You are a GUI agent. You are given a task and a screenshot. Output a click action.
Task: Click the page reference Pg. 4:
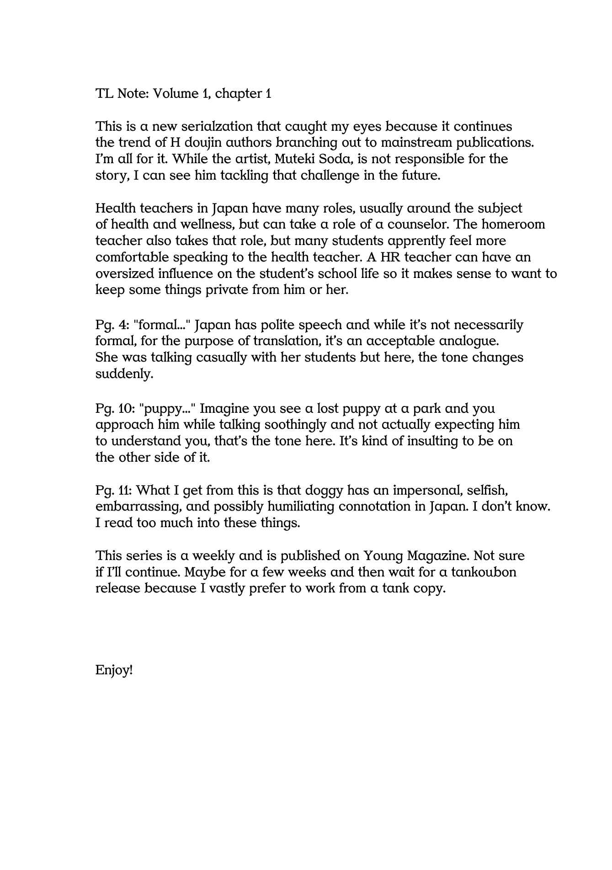[112, 325]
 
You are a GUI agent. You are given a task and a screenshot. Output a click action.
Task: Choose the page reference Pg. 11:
[114, 491]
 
